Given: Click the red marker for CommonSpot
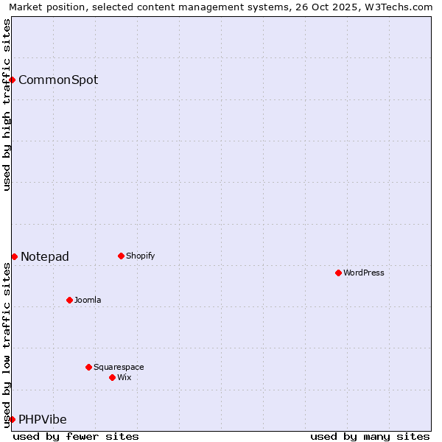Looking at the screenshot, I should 13,80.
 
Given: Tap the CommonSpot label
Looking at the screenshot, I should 58,80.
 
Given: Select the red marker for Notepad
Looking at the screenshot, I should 14,256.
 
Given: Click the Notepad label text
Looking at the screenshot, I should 45,256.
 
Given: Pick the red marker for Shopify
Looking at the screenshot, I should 121,256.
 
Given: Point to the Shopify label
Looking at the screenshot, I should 141,256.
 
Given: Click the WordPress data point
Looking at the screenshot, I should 338,273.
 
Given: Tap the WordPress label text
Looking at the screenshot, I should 364,273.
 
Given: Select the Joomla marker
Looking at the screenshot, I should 69,300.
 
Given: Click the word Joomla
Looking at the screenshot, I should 88,300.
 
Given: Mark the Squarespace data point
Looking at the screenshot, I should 88,367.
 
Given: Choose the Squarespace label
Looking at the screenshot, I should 119,367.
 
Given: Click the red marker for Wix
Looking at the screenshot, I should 112,377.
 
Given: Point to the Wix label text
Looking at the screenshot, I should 124,377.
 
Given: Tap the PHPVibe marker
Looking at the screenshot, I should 12,419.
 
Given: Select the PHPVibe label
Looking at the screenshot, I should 43,419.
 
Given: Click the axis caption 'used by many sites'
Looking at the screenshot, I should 370,436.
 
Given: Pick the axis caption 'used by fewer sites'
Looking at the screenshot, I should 76,436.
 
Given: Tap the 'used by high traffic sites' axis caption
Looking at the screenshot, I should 7,105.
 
